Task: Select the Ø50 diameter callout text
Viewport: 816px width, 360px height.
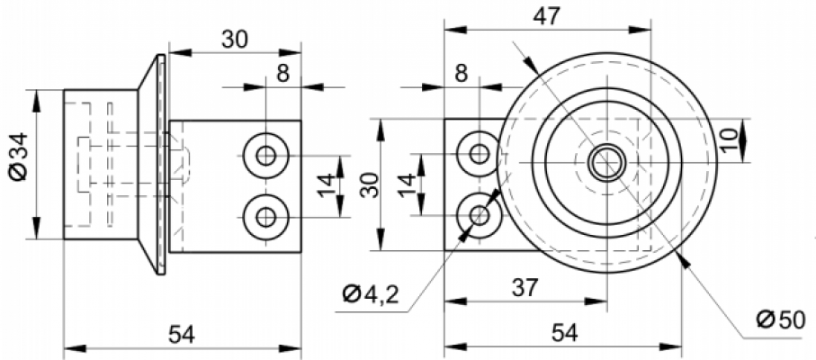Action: (781, 319)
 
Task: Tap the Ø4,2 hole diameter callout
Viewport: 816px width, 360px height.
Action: (371, 295)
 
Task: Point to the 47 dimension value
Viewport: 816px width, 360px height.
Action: (546, 16)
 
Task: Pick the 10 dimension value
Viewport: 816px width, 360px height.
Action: (730, 139)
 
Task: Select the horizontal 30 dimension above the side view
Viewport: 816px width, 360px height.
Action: (235, 40)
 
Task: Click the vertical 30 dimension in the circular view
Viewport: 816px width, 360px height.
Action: (371, 184)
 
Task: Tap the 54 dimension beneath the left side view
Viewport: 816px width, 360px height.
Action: (182, 335)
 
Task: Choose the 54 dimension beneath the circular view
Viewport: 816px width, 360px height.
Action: (563, 333)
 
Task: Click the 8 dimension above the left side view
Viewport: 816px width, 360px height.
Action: (282, 74)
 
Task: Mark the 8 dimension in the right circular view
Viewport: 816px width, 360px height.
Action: (462, 74)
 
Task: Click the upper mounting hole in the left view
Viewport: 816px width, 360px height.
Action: (266, 155)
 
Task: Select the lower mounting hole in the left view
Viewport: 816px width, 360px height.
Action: (266, 217)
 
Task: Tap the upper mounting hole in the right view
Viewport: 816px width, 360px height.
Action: (479, 154)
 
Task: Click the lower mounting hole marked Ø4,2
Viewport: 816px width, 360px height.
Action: (479, 215)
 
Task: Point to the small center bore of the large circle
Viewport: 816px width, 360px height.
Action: (606, 163)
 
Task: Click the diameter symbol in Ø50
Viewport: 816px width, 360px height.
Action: (766, 319)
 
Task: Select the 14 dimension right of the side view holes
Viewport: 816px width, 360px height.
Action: (327, 185)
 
